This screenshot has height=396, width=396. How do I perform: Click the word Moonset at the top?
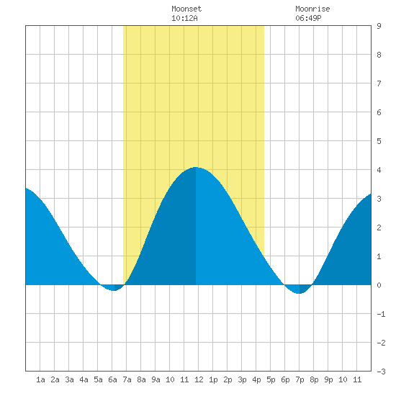click(x=186, y=9)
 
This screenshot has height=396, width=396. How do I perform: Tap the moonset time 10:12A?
click(x=184, y=18)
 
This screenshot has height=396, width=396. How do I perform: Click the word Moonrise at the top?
click(x=312, y=9)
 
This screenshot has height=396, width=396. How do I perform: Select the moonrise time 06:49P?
click(x=308, y=18)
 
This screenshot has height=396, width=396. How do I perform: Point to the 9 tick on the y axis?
click(x=379, y=26)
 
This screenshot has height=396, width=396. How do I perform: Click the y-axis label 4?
click(x=379, y=170)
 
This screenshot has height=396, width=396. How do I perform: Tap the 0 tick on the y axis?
click(x=379, y=285)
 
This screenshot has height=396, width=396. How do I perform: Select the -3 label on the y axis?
click(x=381, y=372)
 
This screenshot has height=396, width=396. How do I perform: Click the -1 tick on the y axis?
click(x=381, y=314)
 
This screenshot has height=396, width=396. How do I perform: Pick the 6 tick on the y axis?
click(x=379, y=112)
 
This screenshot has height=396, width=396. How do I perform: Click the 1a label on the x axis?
click(x=40, y=379)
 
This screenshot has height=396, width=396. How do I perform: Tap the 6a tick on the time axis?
click(x=112, y=379)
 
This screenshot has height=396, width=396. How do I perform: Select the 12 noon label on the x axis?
click(x=199, y=379)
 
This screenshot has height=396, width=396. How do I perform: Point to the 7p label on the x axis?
click(x=300, y=379)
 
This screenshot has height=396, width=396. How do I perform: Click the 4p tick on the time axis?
click(x=256, y=379)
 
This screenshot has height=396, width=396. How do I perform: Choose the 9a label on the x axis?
click(x=156, y=379)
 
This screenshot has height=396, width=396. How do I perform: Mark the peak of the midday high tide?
click(x=195, y=167)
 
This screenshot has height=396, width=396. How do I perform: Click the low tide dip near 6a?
click(x=114, y=290)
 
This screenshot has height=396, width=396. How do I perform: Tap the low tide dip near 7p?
click(x=299, y=294)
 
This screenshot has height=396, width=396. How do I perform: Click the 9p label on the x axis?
click(x=328, y=379)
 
